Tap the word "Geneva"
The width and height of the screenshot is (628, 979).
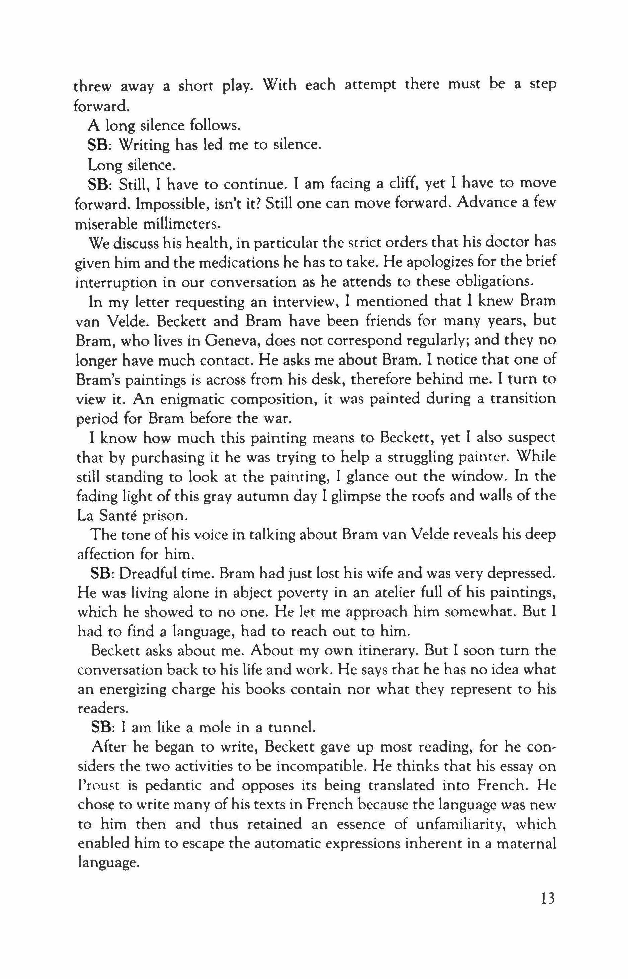tap(232, 339)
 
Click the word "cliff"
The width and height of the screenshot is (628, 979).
tap(403, 184)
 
